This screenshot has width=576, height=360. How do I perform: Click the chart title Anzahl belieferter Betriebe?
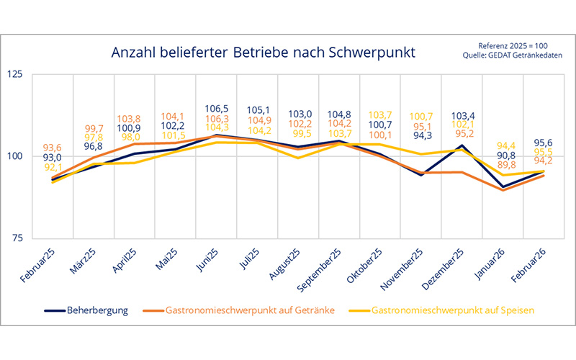pyautogui.click(x=263, y=53)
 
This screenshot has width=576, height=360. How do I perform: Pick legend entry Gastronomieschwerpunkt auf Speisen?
pyautogui.click(x=452, y=311)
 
